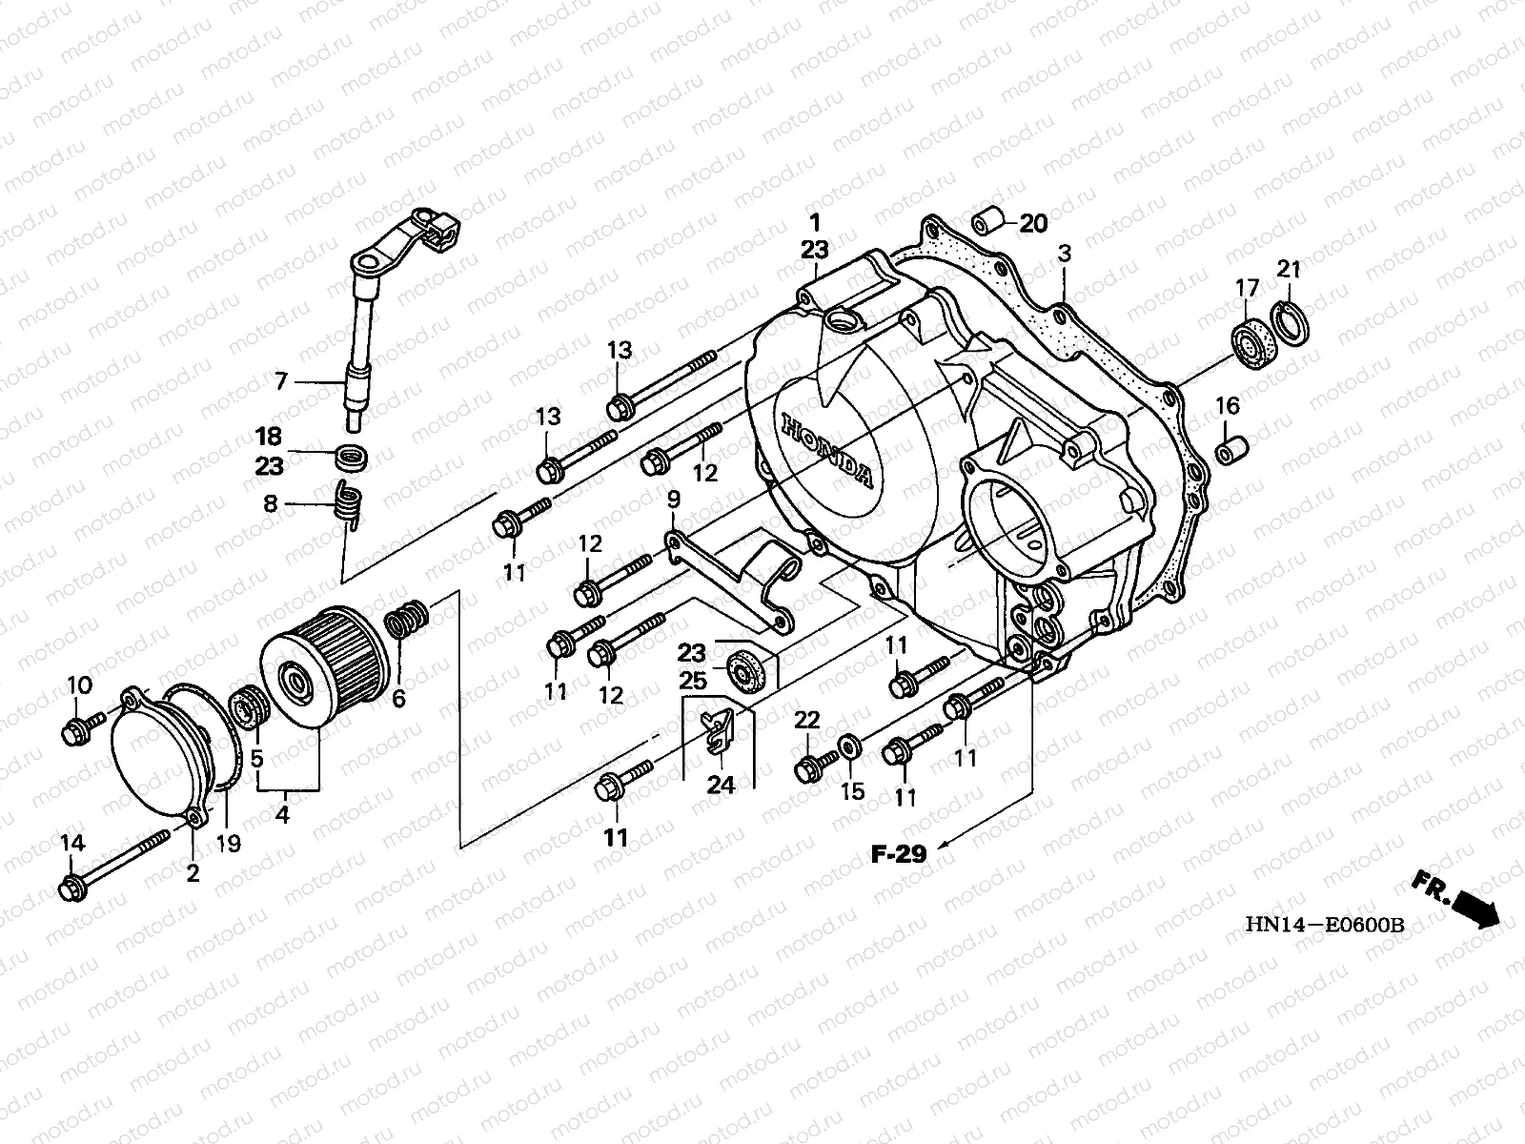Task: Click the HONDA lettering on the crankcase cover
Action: pos(826,451)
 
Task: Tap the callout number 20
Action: pos(1033,224)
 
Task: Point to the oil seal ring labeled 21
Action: pos(1291,323)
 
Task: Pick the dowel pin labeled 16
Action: pos(1231,450)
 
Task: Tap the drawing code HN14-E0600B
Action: pos(1324,925)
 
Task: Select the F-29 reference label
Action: pos(899,853)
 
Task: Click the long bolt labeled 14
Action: pos(114,859)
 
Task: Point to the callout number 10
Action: pos(80,685)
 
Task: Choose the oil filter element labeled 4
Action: pos(324,666)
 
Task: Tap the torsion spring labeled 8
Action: pos(349,505)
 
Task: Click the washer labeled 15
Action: pos(850,746)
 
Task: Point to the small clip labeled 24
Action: pos(716,730)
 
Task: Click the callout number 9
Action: pos(673,500)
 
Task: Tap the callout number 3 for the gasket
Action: pos(1065,255)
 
